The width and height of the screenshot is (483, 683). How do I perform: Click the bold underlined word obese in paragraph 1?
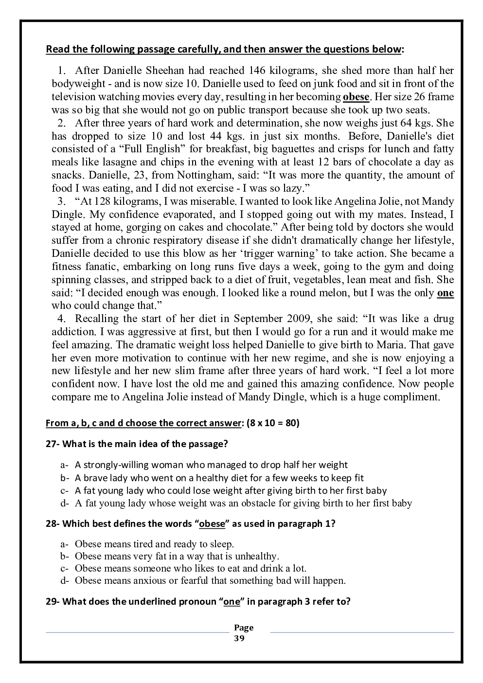(x=356, y=97)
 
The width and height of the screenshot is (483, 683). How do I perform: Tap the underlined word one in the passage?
(x=446, y=293)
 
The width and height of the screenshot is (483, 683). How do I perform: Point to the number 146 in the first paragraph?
(x=257, y=71)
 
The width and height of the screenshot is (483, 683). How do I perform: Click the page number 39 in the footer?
(x=239, y=638)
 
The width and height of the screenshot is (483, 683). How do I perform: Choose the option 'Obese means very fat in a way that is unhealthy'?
(x=177, y=556)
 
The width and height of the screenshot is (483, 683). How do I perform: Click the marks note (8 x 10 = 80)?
(x=273, y=423)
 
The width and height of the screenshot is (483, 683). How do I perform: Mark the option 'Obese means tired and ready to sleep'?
(x=154, y=544)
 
